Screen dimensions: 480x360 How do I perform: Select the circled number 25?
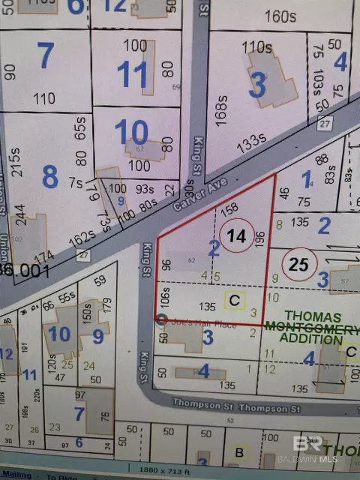point(299,263)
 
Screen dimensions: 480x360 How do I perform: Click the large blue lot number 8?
point(49,177)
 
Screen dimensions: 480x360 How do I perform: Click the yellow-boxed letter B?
point(239,452)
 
